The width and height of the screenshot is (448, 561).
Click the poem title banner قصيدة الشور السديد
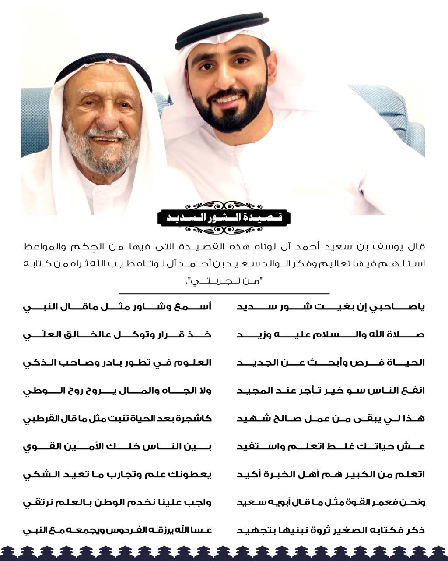pyautogui.click(x=224, y=217)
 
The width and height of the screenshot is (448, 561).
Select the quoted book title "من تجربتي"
pyautogui.click(x=223, y=281)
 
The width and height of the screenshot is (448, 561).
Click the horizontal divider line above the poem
pyautogui.click(x=224, y=293)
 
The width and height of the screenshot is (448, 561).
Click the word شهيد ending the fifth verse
pyautogui.click(x=252, y=419)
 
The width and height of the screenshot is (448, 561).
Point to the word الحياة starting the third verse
pyautogui.click(x=409, y=363)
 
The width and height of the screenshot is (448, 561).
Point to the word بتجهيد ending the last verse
pyautogui.click(x=254, y=530)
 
